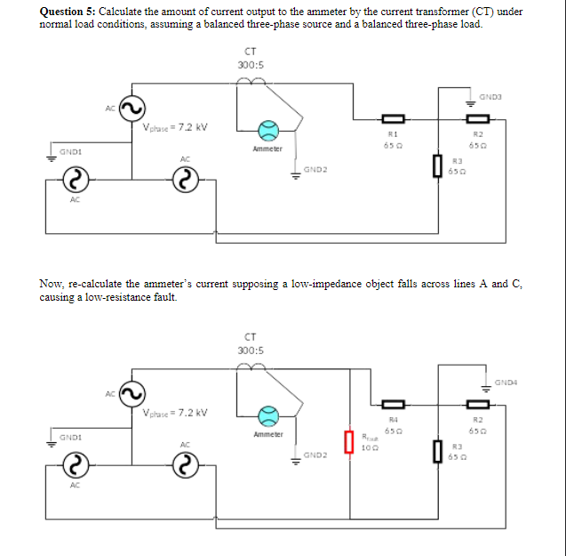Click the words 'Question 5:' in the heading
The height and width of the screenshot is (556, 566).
tap(68, 12)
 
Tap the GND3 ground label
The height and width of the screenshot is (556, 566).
tap(490, 96)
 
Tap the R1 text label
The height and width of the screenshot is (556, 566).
tap(392, 133)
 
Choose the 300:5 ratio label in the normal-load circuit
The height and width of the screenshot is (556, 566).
tap(250, 65)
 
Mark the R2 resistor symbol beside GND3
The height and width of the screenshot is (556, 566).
tap(478, 118)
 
